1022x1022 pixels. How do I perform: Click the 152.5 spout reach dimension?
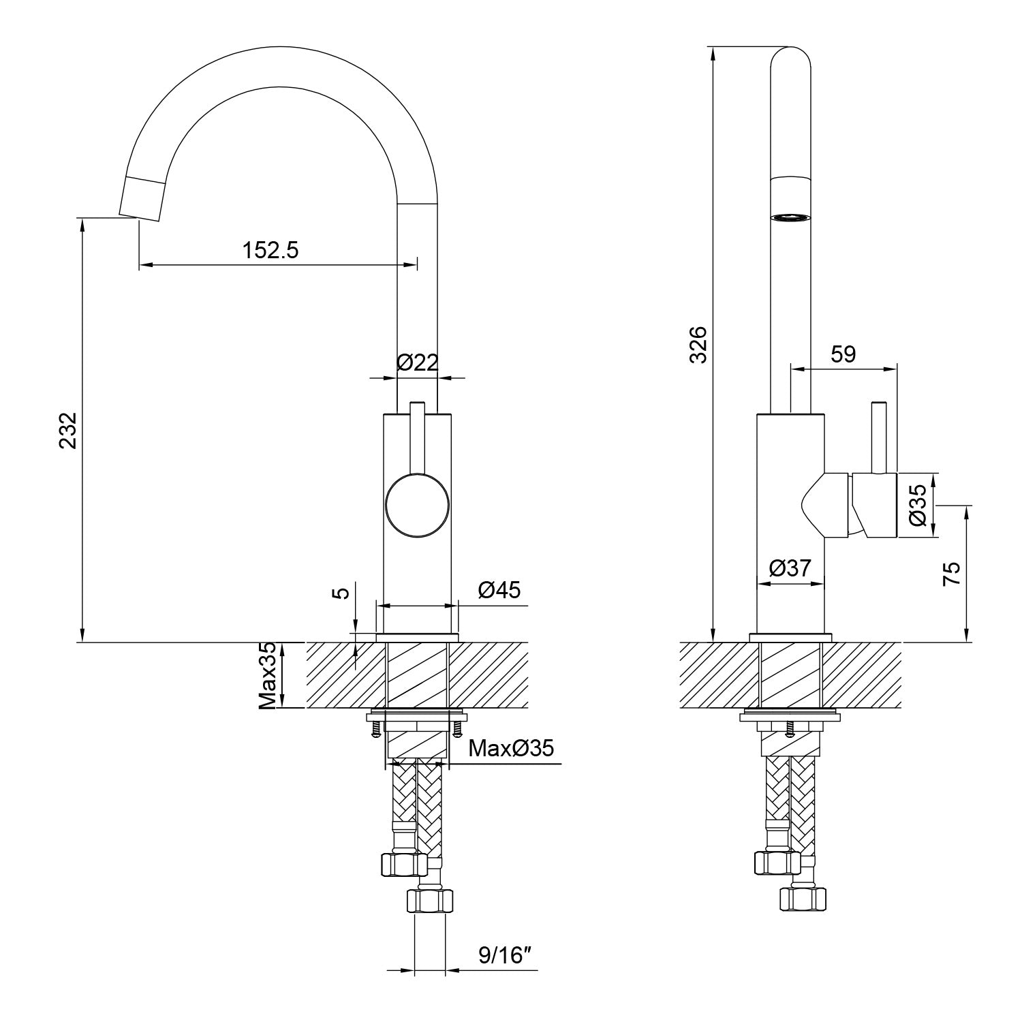(270, 251)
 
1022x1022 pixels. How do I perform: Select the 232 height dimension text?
(68, 431)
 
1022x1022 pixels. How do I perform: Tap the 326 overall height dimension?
(699, 345)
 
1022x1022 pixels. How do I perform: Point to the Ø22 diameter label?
(417, 362)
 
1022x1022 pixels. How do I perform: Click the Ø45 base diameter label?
(499, 590)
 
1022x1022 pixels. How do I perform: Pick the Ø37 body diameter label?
(790, 568)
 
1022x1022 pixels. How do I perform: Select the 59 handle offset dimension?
(843, 354)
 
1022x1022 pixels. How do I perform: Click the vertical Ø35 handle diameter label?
(917, 505)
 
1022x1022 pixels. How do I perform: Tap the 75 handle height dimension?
(952, 574)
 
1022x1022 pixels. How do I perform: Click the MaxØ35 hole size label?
(511, 749)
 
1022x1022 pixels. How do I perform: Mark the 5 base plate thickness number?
(343, 592)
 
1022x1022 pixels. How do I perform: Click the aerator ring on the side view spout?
(790, 217)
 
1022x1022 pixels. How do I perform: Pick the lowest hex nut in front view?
(429, 901)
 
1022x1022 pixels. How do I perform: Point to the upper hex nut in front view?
(403, 865)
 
